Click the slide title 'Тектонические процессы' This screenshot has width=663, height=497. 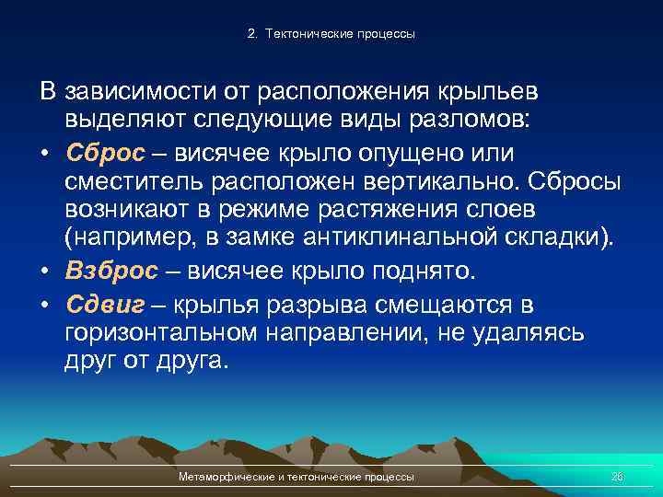pyautogui.click(x=340, y=34)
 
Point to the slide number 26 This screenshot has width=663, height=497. pyautogui.click(x=617, y=477)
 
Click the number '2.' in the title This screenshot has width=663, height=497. pyautogui.click(x=252, y=34)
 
